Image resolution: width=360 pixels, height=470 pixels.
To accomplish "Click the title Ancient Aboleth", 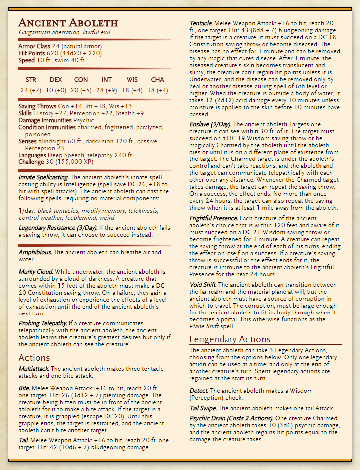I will tap(68, 23).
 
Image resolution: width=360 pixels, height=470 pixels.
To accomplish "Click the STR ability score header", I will tap(31, 79).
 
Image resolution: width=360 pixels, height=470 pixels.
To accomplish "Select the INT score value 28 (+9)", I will tap(107, 90).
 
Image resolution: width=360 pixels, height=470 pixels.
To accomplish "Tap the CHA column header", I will tap(157, 79).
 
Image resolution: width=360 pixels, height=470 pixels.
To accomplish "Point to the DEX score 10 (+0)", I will tap(55, 90).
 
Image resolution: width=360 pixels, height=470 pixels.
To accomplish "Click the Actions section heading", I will tap(34, 357).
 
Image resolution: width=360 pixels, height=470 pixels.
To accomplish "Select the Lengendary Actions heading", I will tap(230, 339).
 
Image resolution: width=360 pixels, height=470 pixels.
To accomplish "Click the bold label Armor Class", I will tap(34, 46).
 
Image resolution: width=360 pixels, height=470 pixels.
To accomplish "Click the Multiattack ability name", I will tap(34, 368).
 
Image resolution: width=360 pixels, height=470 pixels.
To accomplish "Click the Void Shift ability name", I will tap(203, 285).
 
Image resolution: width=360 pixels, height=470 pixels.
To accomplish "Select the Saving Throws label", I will tap(37, 106).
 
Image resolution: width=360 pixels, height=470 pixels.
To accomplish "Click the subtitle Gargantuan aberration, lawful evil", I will tap(64, 32).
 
